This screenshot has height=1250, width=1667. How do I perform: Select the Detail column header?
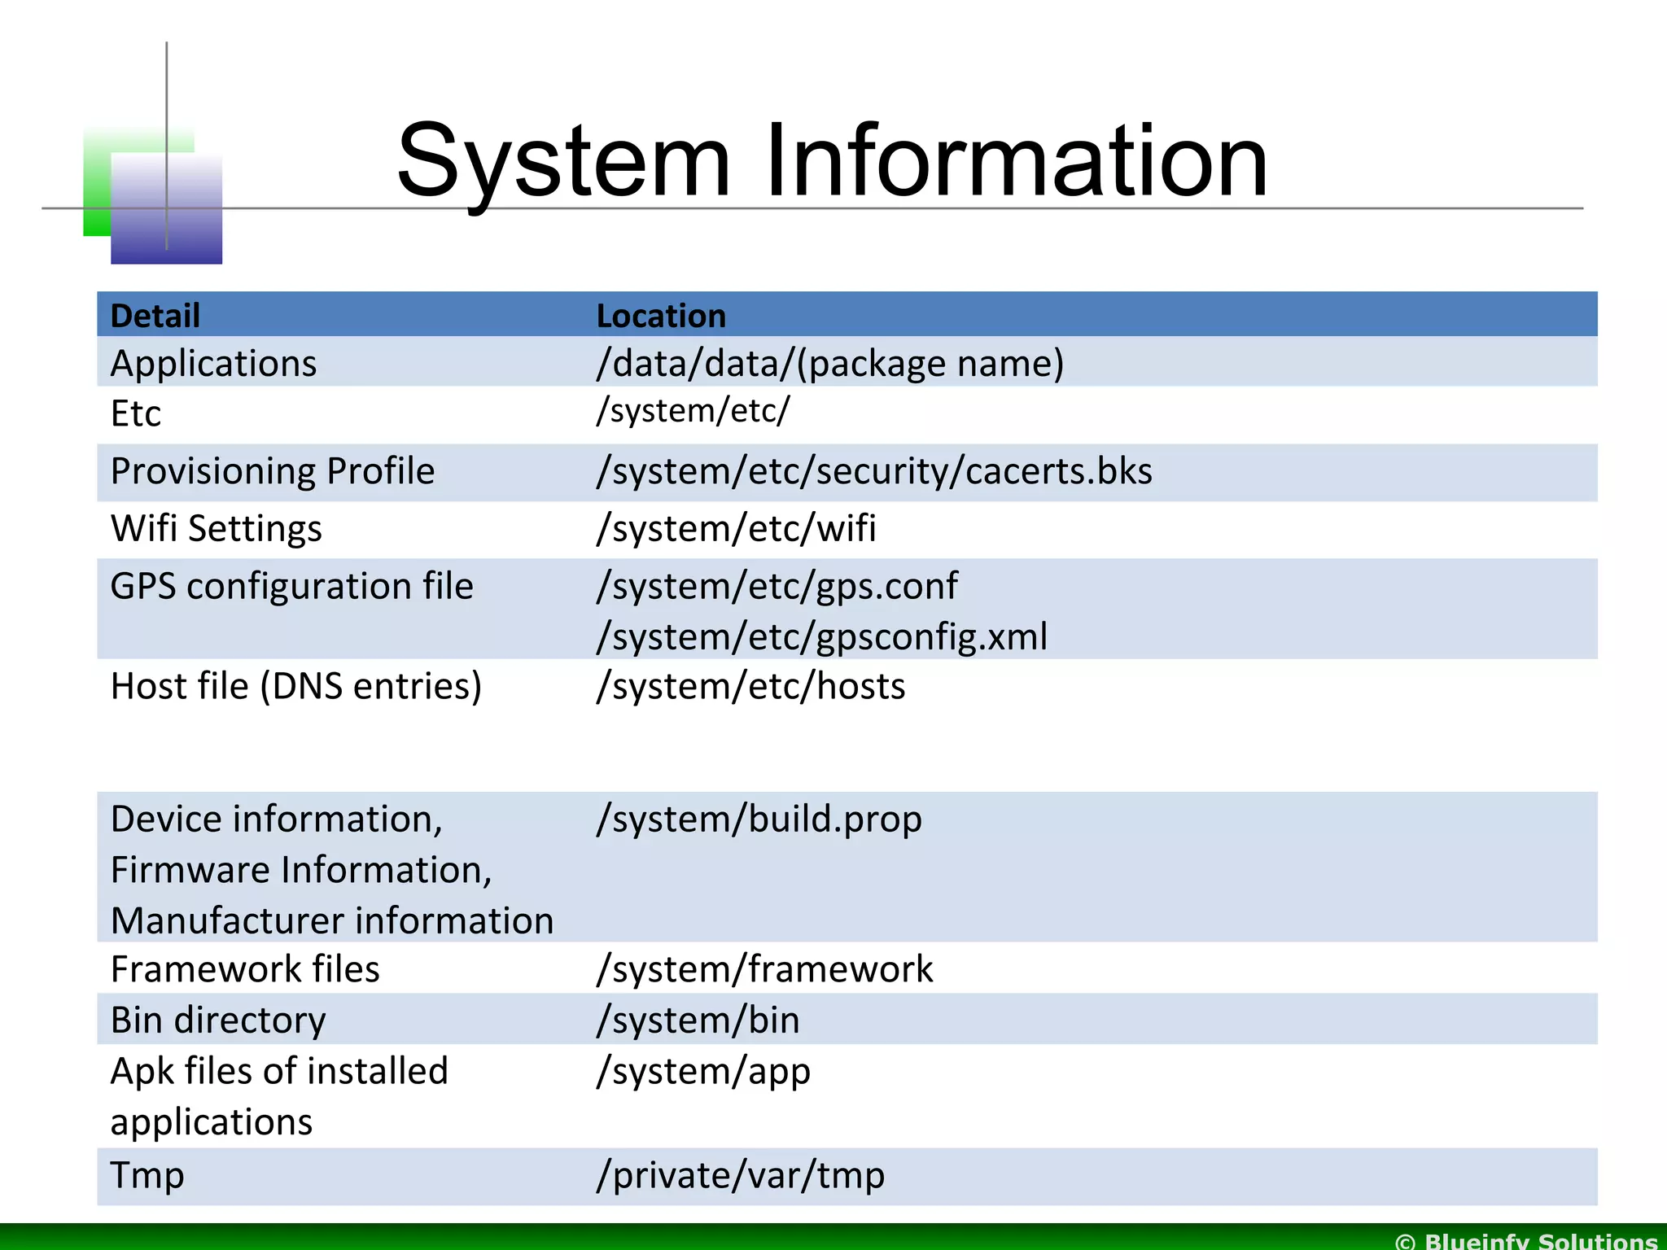155,316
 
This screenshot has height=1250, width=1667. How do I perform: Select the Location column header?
661,316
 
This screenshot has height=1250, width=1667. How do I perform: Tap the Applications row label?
213,363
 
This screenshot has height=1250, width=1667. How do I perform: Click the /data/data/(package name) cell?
829,363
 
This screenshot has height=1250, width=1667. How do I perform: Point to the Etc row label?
136,413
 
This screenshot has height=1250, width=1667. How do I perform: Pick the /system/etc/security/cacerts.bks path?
874,471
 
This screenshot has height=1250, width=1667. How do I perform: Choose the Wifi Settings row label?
217,529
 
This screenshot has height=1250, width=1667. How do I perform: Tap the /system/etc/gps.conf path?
777,586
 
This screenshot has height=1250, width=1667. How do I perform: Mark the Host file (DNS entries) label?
296,686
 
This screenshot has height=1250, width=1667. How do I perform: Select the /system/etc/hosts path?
750,686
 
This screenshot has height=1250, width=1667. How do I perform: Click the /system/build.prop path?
759,819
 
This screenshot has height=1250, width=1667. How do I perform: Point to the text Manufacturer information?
332,920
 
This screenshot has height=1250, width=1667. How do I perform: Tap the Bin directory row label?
218,1021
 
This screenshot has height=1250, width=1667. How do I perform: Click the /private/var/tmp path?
741,1175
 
